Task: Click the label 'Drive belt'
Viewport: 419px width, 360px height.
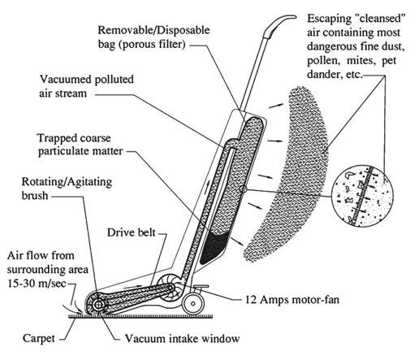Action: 132,232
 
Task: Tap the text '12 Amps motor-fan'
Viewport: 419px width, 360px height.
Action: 292,300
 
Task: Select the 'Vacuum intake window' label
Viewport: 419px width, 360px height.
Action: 182,338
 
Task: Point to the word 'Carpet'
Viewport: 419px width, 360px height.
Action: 39,338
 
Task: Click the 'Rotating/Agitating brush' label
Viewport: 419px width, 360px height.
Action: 67,189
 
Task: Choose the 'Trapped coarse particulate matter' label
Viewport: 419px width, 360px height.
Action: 80,145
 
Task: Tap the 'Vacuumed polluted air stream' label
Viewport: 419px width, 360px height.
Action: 87,86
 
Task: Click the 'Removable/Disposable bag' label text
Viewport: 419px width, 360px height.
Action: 153,37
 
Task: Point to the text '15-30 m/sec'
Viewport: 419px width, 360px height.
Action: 37,284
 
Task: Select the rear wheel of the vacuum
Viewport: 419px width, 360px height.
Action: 192,303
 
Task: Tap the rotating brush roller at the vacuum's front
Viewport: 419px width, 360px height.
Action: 98,305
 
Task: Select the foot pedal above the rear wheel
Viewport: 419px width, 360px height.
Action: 200,287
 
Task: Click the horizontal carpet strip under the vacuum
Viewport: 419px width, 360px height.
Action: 140,316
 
